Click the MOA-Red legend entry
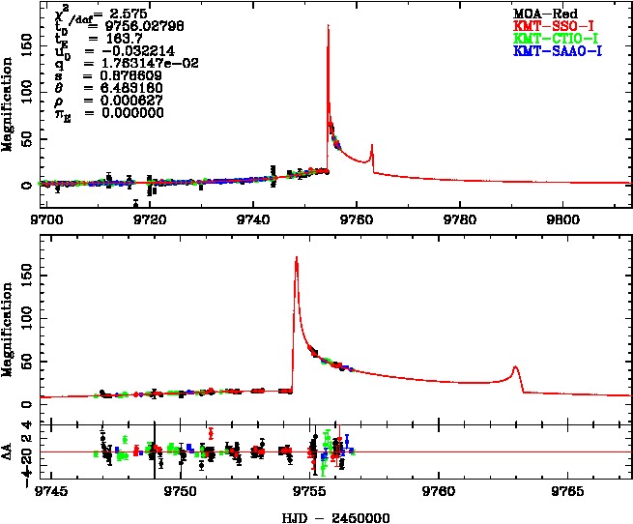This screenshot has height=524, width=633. (x=545, y=13)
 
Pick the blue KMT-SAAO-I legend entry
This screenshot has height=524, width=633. (x=558, y=49)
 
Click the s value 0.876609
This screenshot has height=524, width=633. (x=123, y=73)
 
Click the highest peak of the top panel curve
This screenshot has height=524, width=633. (x=329, y=26)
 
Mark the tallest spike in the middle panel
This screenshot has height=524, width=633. (x=296, y=257)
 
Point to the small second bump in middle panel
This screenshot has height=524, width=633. (x=516, y=367)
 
